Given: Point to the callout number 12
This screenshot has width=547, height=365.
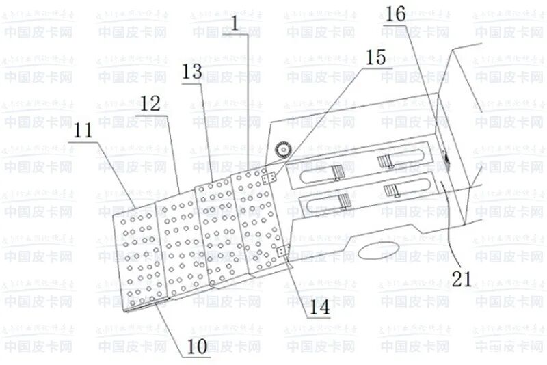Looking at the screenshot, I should coord(149,105).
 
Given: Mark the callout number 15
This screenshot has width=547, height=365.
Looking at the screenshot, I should coord(375,57).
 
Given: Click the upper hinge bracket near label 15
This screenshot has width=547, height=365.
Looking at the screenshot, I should coord(269,177).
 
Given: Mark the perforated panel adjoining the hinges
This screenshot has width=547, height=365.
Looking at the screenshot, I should coord(255,219).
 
